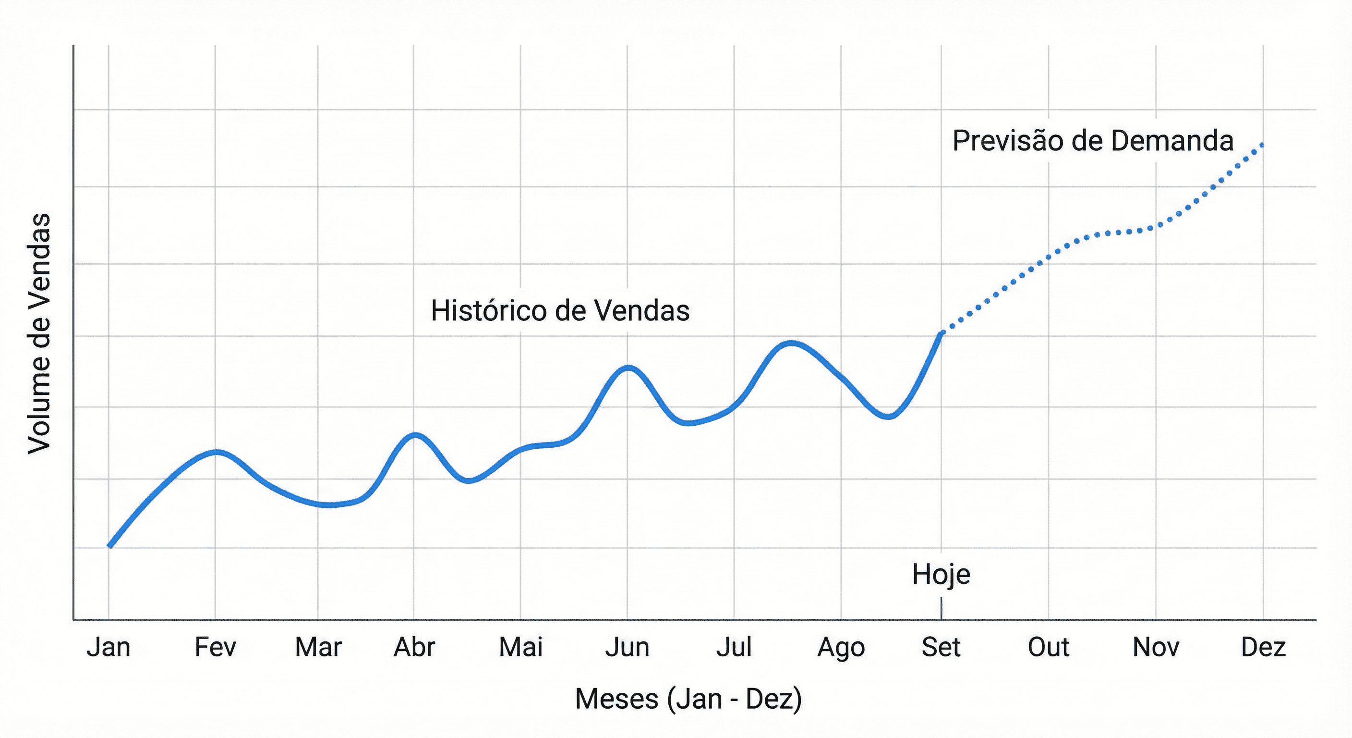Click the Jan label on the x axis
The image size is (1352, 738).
click(109, 647)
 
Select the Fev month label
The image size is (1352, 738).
click(215, 647)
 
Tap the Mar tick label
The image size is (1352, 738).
click(318, 647)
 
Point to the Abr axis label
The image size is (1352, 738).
click(414, 647)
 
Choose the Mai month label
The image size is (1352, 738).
click(520, 647)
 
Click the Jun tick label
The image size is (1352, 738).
click(627, 647)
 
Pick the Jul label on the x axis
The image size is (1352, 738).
click(734, 647)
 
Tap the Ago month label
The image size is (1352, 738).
click(841, 648)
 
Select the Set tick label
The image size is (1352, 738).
click(941, 647)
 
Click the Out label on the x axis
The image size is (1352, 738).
click(1048, 647)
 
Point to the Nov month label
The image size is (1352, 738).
click(1156, 647)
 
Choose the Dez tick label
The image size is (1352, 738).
click(1263, 647)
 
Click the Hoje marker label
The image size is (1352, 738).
click(941, 574)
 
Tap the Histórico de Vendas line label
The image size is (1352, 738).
click(560, 310)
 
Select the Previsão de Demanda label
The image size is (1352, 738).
click(1093, 141)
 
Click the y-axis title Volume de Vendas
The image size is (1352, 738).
click(40, 333)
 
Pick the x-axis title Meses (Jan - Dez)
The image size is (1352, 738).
click(688, 699)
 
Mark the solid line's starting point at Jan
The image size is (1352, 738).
click(109, 546)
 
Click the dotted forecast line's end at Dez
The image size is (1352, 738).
click(1262, 145)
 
